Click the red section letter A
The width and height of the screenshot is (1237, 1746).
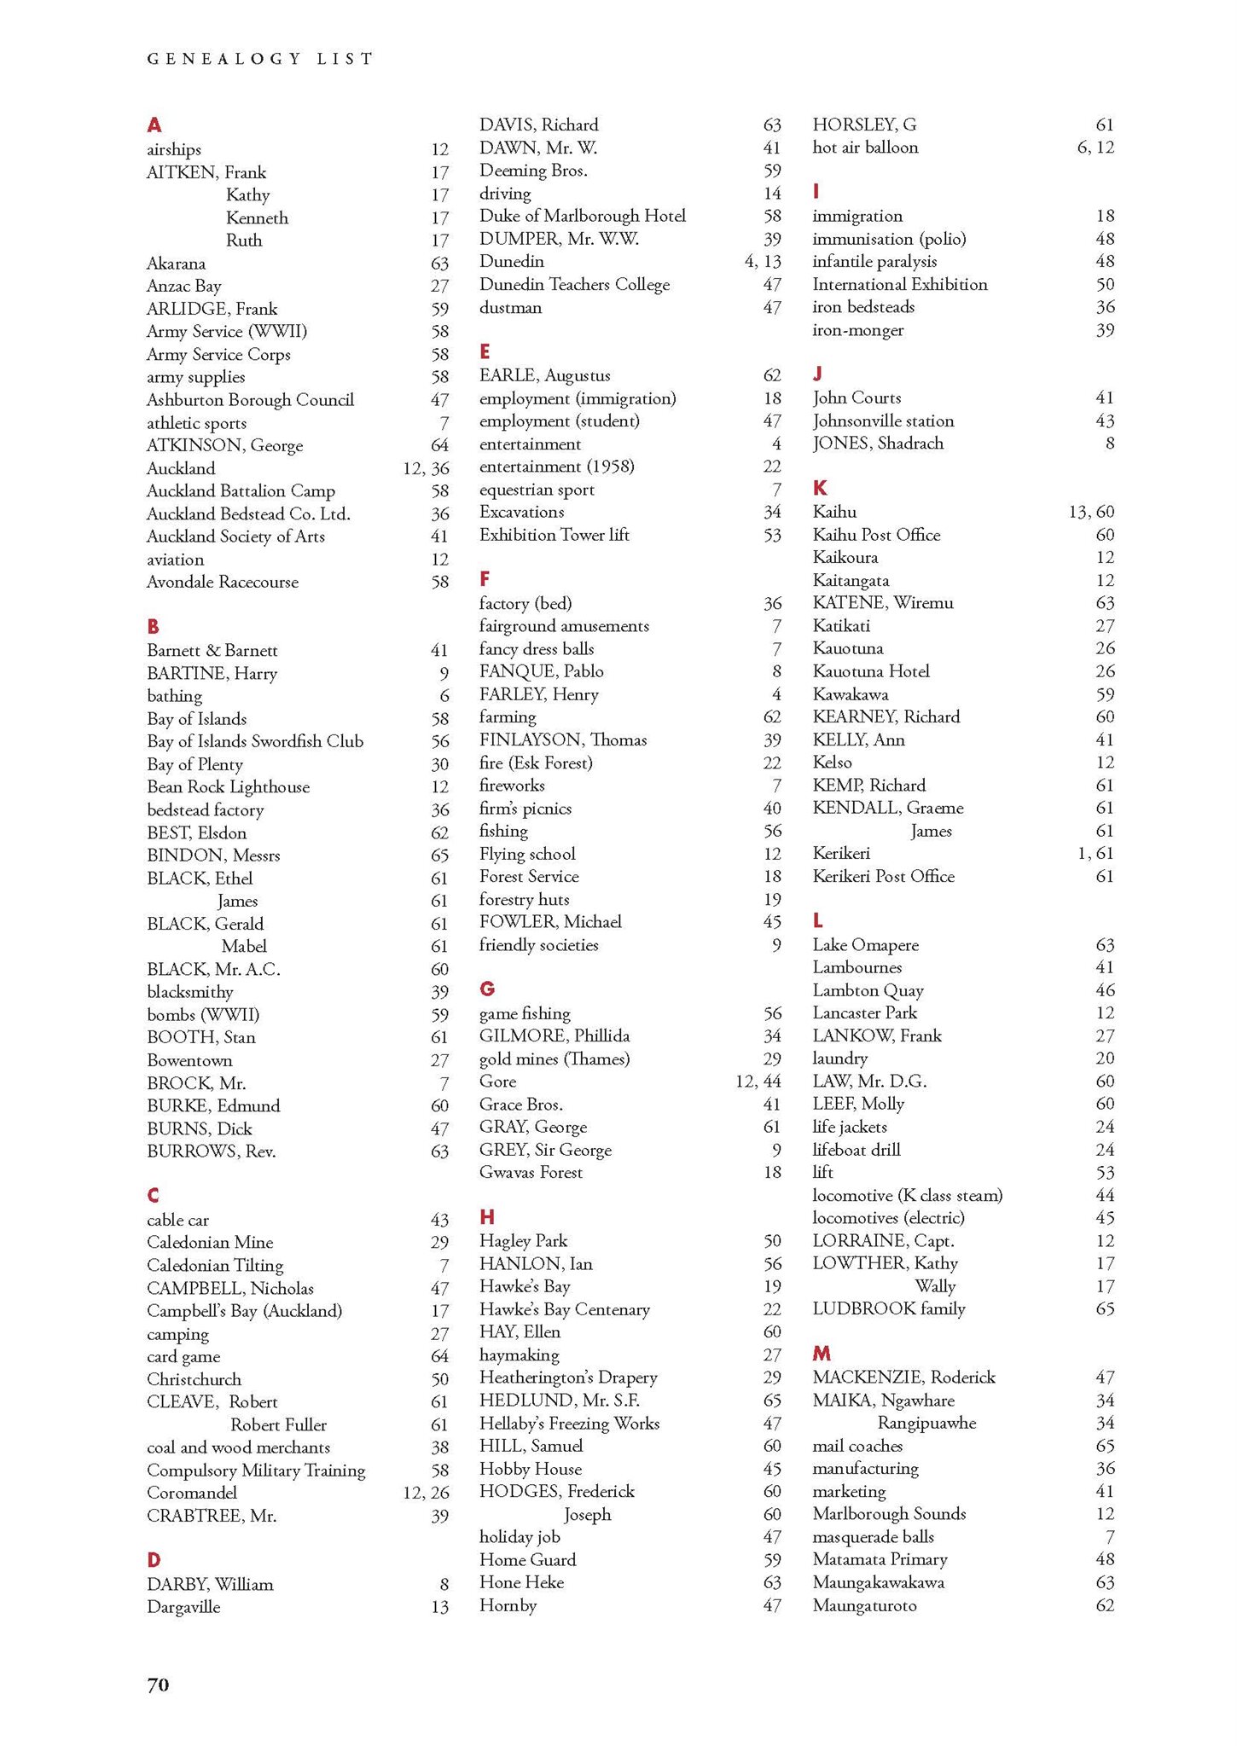point(154,125)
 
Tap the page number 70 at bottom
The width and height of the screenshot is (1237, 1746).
point(158,1685)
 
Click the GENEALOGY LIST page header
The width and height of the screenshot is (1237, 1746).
point(260,59)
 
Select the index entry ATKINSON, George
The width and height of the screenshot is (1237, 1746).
point(224,445)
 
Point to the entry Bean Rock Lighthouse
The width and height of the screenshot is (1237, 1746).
point(228,787)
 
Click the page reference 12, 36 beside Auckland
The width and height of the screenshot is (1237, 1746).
point(426,468)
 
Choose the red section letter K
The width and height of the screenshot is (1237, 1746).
point(820,488)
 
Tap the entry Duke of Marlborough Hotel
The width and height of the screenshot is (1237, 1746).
point(582,216)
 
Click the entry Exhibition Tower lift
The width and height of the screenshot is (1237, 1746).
point(554,535)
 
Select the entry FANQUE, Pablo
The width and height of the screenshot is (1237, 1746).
point(541,671)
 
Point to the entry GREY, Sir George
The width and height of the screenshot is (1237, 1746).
point(545,1150)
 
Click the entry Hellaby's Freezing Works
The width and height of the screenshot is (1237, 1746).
point(569,1423)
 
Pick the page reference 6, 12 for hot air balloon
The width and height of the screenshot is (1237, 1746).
point(1095,147)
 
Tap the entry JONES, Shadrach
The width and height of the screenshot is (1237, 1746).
point(878,443)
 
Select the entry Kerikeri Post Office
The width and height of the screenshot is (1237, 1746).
point(883,876)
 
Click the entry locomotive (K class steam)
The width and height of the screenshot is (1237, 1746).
point(907,1195)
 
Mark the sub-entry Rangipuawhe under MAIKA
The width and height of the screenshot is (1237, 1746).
point(926,1423)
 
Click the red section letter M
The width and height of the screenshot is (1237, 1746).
point(822,1354)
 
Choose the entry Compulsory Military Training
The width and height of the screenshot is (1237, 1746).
point(256,1470)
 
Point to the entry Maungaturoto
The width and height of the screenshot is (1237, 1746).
point(864,1605)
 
